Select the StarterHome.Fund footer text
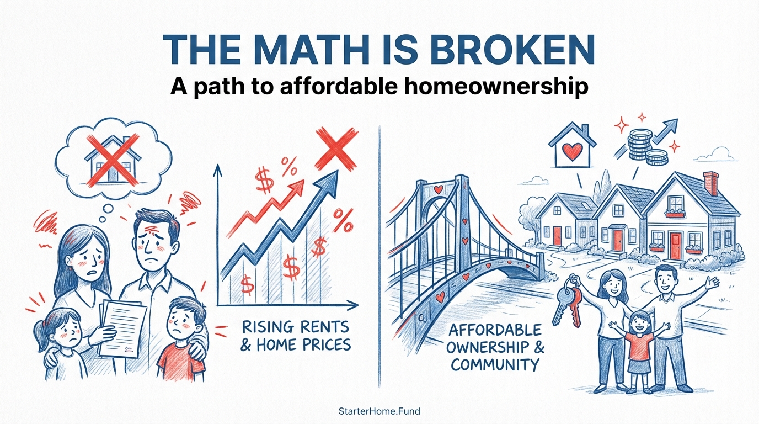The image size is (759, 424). pyautogui.click(x=379, y=411)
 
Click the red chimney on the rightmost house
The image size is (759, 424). pyautogui.click(x=712, y=184)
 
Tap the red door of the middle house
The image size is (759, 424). pyautogui.click(x=617, y=239)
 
